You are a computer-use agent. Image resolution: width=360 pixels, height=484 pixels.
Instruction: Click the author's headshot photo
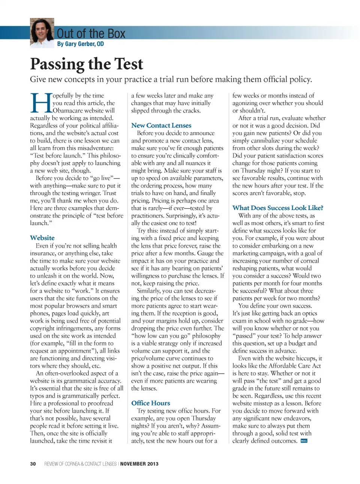point(42,32)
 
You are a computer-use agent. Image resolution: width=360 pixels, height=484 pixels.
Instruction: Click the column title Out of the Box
point(91,34)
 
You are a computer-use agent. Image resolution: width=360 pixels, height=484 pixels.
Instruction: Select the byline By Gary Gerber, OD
point(80,44)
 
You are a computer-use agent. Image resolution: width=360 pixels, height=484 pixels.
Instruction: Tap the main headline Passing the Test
point(87,64)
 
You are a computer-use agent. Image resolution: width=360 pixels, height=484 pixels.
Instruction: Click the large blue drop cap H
point(40,103)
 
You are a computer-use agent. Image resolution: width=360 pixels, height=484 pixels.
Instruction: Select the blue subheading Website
point(42,238)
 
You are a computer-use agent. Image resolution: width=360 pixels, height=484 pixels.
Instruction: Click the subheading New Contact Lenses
point(161,125)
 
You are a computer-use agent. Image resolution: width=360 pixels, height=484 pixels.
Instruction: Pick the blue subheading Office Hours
point(150,403)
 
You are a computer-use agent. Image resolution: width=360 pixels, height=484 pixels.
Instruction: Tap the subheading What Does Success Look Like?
point(277,208)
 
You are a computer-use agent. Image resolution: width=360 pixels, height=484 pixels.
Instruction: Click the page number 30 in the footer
point(33,464)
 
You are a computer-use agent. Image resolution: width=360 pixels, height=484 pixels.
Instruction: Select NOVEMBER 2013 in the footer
point(139,464)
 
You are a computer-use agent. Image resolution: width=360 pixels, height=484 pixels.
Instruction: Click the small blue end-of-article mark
point(304,441)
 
